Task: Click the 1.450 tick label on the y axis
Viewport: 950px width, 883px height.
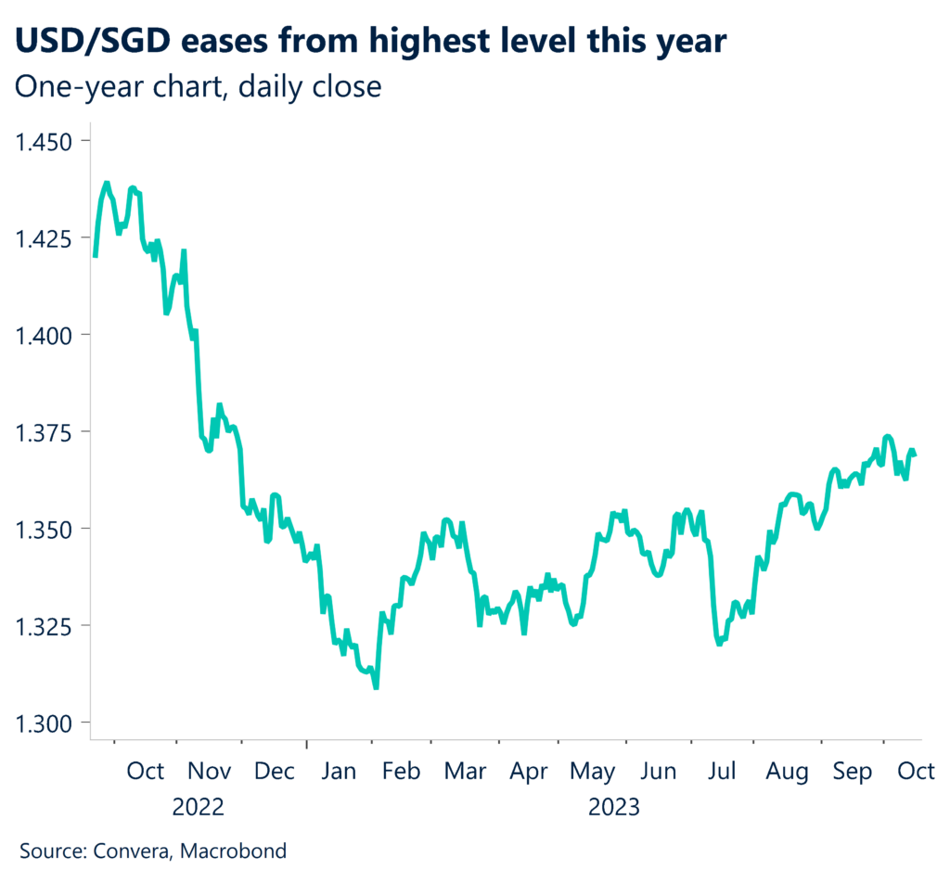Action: point(44,142)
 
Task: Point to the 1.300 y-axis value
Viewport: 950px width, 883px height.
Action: point(44,723)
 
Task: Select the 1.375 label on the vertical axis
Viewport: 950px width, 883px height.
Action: point(44,432)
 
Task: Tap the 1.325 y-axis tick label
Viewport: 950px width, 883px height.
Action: point(44,626)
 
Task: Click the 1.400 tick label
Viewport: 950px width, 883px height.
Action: point(44,335)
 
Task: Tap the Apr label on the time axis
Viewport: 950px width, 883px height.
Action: point(530,771)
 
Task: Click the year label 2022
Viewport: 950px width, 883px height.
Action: point(198,806)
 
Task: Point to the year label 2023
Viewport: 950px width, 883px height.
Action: point(614,806)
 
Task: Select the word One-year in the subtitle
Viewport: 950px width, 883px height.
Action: point(71,87)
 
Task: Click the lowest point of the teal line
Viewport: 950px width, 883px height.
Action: point(376,687)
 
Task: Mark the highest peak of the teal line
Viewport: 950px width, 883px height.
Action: point(107,184)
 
